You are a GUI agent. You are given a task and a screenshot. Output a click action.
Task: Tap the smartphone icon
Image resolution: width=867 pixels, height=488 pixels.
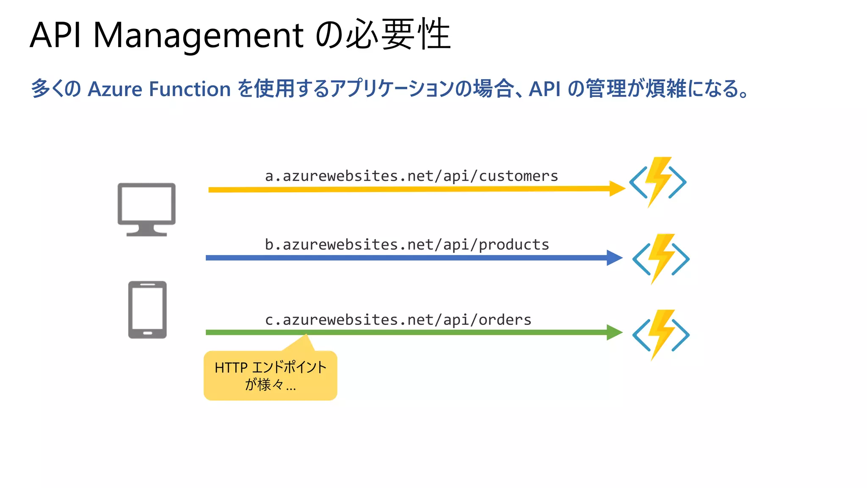147,310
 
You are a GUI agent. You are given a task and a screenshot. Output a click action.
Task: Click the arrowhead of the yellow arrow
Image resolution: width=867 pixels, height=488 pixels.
617,189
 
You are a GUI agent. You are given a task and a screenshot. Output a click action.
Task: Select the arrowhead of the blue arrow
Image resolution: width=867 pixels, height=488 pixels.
614,258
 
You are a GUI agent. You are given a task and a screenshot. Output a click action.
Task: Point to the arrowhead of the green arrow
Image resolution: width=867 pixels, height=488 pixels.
614,333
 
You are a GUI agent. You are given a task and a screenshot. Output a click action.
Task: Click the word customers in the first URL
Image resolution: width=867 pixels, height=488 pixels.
518,176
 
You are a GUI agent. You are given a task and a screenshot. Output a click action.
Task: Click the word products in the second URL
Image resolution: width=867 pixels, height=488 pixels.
514,245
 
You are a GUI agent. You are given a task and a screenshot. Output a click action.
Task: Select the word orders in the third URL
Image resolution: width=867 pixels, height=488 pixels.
505,320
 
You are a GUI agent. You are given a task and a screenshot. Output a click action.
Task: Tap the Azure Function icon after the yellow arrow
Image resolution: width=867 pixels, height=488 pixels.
657,182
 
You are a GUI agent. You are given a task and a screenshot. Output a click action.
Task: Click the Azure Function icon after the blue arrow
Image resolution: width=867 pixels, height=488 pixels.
660,259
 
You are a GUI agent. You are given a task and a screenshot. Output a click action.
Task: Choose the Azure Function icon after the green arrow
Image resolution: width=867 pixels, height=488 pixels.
660,335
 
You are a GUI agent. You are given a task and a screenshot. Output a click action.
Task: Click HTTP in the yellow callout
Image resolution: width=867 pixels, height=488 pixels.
231,368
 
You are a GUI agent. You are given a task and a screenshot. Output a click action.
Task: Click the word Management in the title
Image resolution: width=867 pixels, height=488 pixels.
198,35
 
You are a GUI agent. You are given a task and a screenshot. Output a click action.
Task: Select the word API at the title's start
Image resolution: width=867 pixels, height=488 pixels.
55,35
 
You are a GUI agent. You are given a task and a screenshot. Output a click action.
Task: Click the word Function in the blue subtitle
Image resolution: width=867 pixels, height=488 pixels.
190,89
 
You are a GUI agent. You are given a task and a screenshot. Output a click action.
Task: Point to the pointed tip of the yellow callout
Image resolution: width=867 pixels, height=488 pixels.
306,335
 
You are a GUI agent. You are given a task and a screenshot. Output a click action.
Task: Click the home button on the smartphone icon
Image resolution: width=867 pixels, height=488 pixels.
147,333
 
